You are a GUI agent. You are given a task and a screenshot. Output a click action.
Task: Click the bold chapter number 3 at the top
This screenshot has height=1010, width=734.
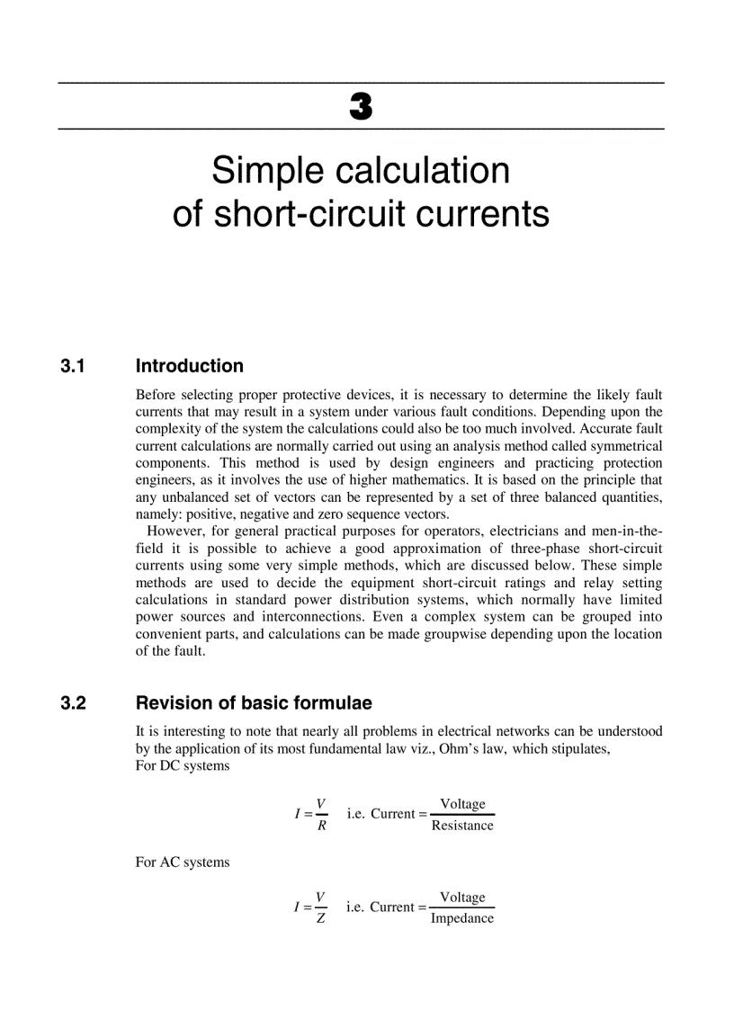coord(360,107)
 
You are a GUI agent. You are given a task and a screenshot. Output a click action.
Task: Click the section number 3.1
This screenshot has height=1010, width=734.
coord(73,366)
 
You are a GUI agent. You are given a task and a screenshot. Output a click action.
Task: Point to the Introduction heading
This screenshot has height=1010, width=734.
coord(189,366)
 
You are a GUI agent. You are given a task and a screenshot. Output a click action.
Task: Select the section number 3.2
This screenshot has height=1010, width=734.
coord(73,703)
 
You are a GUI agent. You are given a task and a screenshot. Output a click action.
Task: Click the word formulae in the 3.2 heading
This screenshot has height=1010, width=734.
coord(332,703)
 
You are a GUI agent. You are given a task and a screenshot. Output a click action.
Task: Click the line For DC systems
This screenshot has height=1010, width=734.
coord(182,765)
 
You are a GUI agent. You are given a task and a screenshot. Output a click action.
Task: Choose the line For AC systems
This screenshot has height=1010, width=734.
coord(182,862)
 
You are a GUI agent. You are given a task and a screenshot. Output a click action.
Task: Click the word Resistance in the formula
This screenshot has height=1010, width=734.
coord(462,826)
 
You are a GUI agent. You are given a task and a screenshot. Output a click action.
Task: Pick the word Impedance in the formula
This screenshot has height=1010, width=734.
coord(462,918)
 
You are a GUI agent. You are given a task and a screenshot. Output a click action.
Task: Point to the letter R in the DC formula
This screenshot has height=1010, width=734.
coord(321,827)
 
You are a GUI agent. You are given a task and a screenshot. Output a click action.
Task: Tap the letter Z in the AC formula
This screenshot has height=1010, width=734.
coord(321,919)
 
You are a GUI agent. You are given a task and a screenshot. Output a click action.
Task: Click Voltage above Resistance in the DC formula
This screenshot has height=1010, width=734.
coord(462,804)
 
